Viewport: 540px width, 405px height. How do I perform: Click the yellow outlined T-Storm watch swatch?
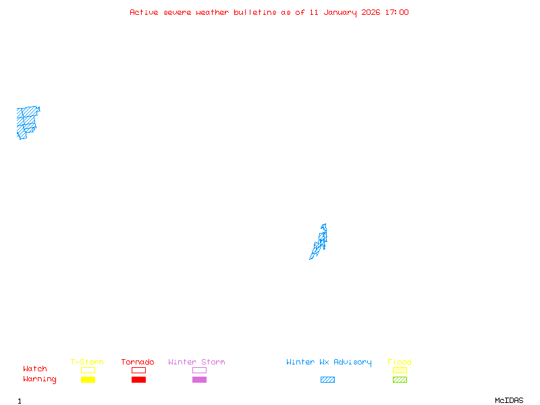coord(88,370)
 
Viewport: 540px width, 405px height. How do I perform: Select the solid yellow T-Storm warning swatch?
coord(88,380)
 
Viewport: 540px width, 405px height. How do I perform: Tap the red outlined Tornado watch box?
coord(138,370)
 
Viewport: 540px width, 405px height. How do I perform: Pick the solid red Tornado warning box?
coord(138,380)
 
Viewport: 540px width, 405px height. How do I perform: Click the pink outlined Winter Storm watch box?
coord(199,370)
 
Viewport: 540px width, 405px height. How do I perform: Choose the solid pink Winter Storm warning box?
coord(199,380)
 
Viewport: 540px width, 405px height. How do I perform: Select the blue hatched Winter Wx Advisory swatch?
coord(327,380)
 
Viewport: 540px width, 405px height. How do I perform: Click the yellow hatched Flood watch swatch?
coord(400,370)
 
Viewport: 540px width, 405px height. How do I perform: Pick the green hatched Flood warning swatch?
coord(400,380)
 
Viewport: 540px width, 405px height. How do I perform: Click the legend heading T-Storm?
coord(87,362)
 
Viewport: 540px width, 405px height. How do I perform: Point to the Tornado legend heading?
coord(138,362)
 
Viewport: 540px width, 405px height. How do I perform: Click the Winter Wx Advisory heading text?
coord(329,362)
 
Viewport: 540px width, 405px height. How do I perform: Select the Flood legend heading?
coord(400,362)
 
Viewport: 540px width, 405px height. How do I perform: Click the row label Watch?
coord(35,369)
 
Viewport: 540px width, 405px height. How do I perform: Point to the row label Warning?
coord(40,379)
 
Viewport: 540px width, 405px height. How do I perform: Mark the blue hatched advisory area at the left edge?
coord(26,120)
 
